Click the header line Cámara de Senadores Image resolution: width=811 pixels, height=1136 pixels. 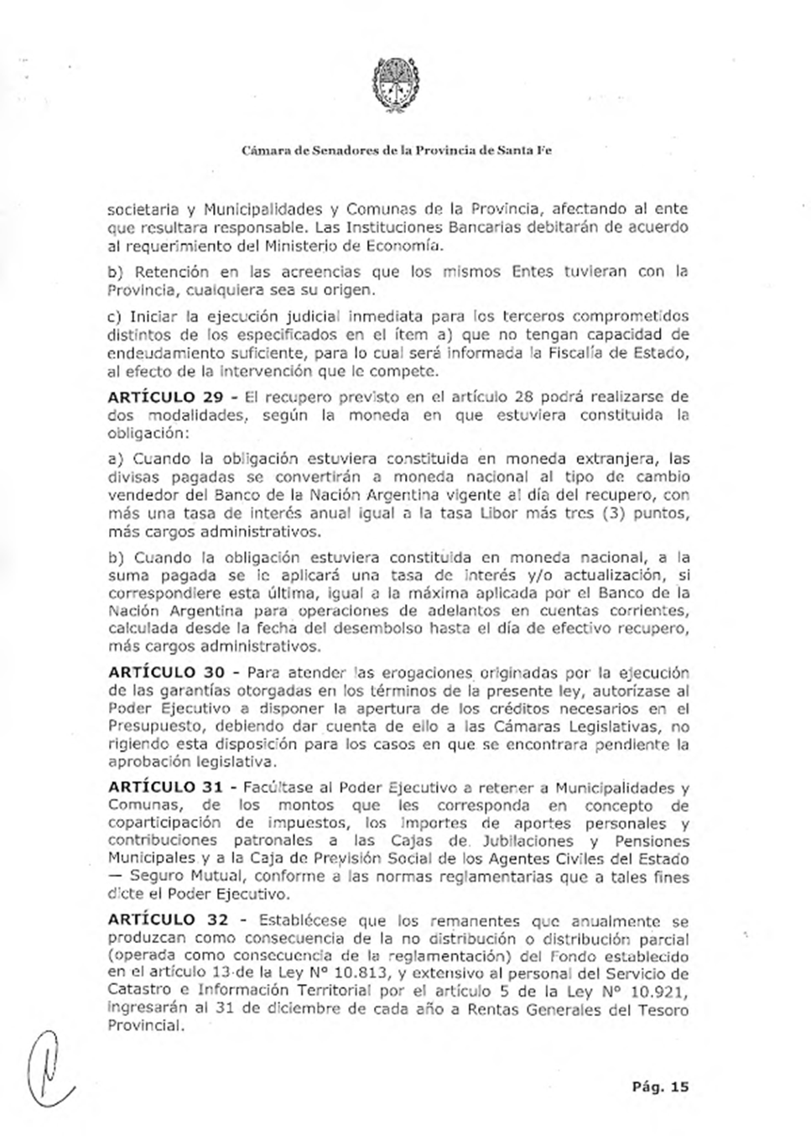tap(396, 151)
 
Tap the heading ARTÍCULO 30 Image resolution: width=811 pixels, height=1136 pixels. tap(165, 673)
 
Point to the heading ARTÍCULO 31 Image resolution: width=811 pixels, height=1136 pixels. tap(165, 788)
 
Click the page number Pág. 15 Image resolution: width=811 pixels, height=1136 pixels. tap(660, 1086)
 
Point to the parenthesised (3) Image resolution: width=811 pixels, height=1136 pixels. tap(616, 513)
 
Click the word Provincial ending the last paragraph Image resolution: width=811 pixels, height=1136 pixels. tap(144, 1026)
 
